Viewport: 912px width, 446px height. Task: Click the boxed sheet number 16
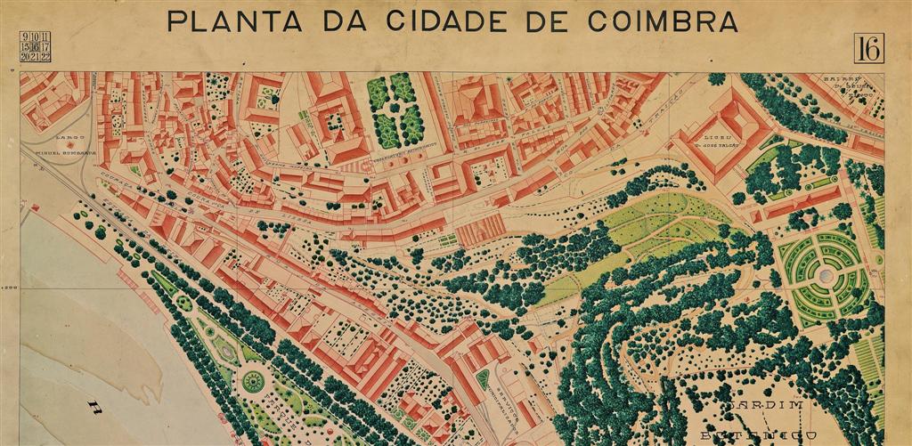pyautogui.click(x=867, y=48)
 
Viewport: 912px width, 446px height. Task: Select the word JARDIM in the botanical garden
pyautogui.click(x=762, y=406)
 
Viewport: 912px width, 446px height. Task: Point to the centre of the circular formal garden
pyautogui.click(x=826, y=276)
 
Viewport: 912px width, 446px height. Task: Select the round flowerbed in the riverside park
pyautogui.click(x=253, y=381)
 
